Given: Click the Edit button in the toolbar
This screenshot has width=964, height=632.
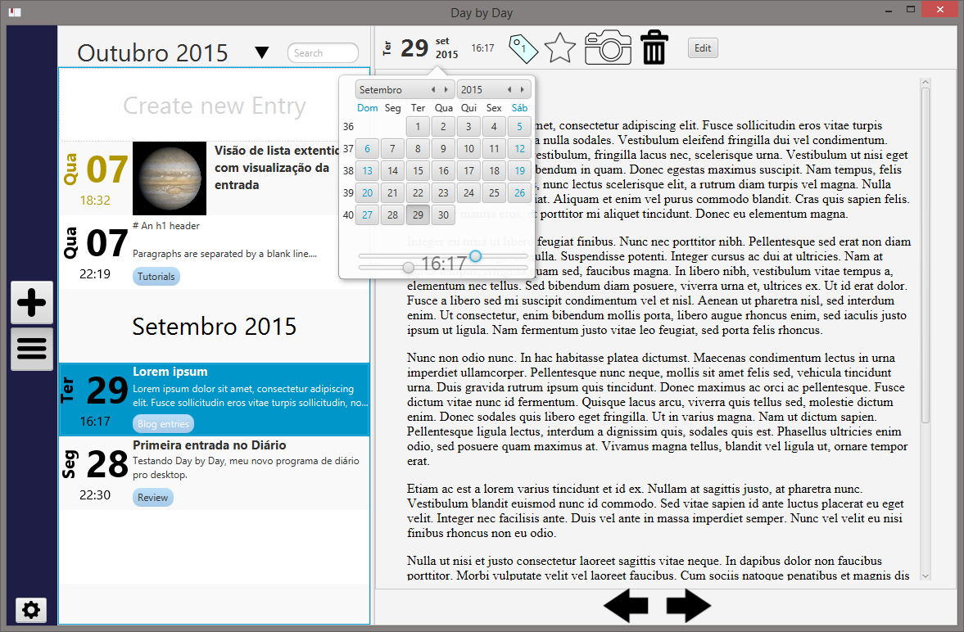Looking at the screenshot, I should (x=703, y=48).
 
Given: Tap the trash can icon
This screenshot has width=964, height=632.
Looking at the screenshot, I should (x=654, y=47).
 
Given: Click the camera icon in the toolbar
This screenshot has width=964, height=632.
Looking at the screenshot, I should (x=608, y=47).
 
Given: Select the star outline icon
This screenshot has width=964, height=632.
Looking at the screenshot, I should (x=560, y=47).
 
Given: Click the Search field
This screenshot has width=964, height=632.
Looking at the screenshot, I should (x=323, y=53).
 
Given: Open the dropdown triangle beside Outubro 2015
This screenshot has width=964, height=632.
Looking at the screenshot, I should (x=261, y=53).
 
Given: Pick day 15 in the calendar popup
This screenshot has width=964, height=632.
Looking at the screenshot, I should (x=419, y=171).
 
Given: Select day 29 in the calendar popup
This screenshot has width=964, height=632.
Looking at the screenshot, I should (x=419, y=215).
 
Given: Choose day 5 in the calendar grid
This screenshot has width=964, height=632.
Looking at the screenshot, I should (x=518, y=127).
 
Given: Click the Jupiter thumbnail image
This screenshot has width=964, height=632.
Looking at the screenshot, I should (x=169, y=178).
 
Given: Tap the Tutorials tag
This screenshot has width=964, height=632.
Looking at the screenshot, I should (x=156, y=277).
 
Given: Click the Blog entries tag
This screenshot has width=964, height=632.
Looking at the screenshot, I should (x=163, y=424).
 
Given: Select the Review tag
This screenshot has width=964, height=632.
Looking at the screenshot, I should (x=152, y=498).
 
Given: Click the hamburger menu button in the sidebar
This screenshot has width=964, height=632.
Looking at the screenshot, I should (x=32, y=349).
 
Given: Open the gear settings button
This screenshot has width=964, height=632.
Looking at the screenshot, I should (x=31, y=610).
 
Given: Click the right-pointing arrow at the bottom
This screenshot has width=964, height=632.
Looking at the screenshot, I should (x=688, y=607).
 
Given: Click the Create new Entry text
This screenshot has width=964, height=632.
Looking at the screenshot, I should (x=214, y=106).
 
